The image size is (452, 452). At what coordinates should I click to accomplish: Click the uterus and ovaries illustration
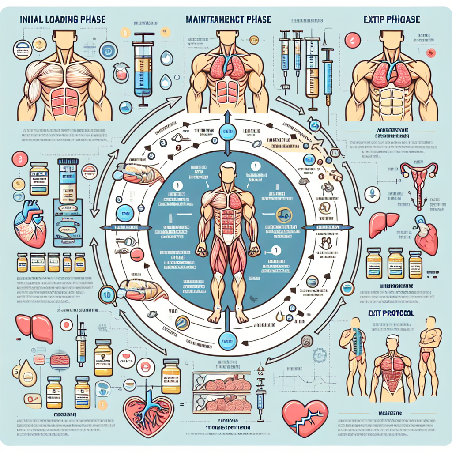[x=418, y=179]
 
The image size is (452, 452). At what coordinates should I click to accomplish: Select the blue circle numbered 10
[x=107, y=294]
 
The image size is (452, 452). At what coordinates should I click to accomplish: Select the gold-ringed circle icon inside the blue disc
[x=283, y=216]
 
